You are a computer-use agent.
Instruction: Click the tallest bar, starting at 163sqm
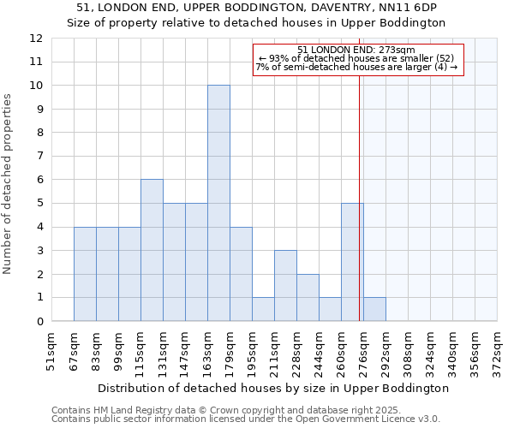218,204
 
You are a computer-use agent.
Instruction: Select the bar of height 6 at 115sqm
152,250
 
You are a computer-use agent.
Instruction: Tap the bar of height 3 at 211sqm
285,286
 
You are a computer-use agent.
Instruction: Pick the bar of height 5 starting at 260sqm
352,262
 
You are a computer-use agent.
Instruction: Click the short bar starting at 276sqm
374,309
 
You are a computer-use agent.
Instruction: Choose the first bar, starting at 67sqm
85,274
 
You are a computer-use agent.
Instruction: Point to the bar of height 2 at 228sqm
308,298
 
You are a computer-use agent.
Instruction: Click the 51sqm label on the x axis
51,350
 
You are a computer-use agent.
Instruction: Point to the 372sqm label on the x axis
497,350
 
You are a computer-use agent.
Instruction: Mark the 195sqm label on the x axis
252,350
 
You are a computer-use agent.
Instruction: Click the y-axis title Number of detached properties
9,185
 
